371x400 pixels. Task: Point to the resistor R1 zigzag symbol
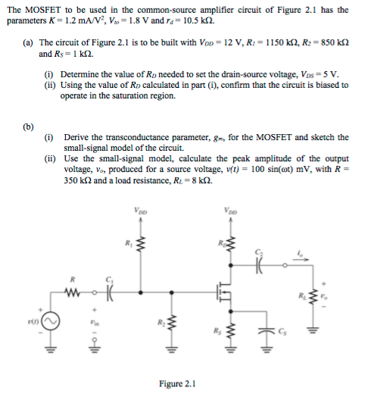pyautogui.click(x=139, y=243)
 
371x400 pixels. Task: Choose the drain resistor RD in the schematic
pyautogui.click(x=232, y=244)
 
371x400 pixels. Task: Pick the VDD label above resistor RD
pyautogui.click(x=232, y=211)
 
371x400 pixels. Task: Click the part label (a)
pyautogui.click(x=26, y=44)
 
